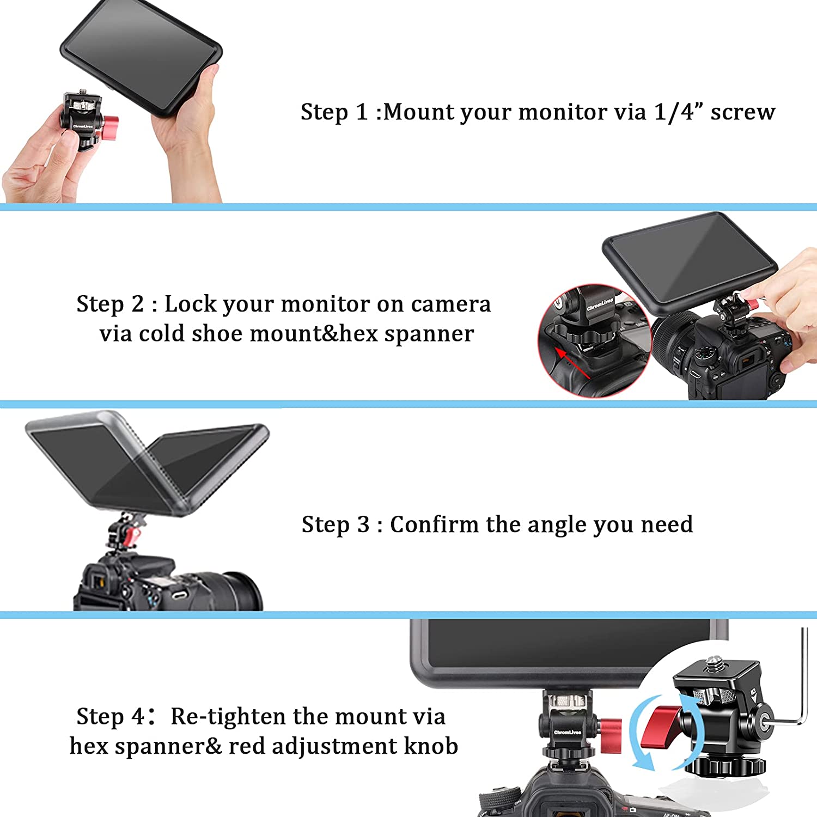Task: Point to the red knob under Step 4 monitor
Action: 611,736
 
